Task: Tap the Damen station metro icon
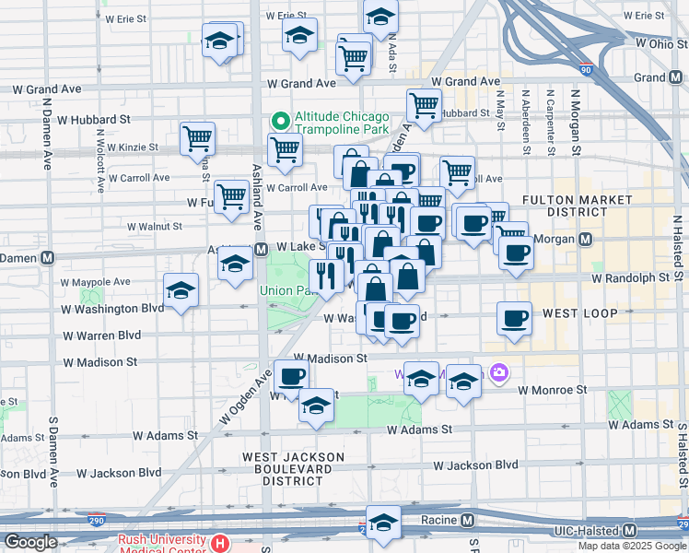pos(46,258)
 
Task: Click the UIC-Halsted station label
pos(589,531)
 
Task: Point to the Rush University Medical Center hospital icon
pos(219,542)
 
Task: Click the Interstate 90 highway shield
pos(586,68)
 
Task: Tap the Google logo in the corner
pos(30,542)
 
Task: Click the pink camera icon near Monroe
pos(498,372)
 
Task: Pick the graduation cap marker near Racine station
pos(383,522)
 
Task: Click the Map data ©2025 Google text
pos(633,546)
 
